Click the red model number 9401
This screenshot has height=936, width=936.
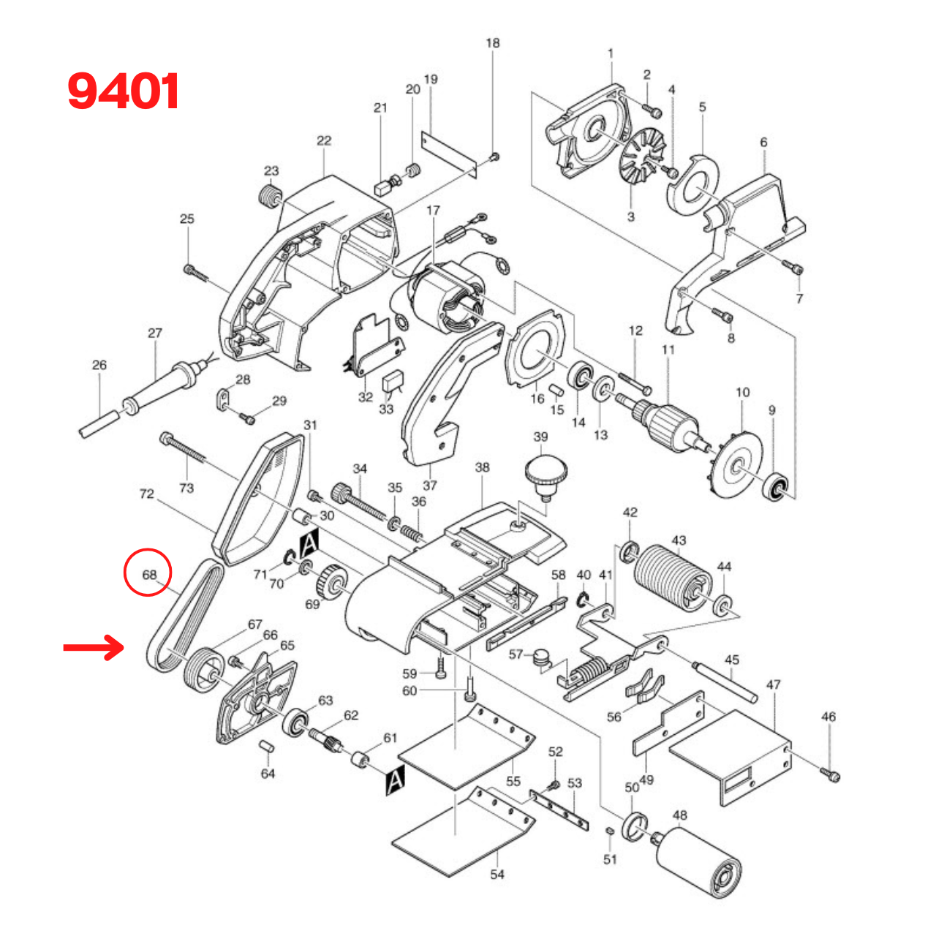[124, 92]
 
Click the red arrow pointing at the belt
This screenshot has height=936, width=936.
[93, 647]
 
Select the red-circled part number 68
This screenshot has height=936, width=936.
[148, 575]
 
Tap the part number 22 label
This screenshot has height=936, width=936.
[324, 140]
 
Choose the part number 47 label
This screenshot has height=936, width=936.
[774, 684]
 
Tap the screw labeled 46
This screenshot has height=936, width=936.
[830, 772]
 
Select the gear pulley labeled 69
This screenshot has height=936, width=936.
[332, 583]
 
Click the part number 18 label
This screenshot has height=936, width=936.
[493, 43]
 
